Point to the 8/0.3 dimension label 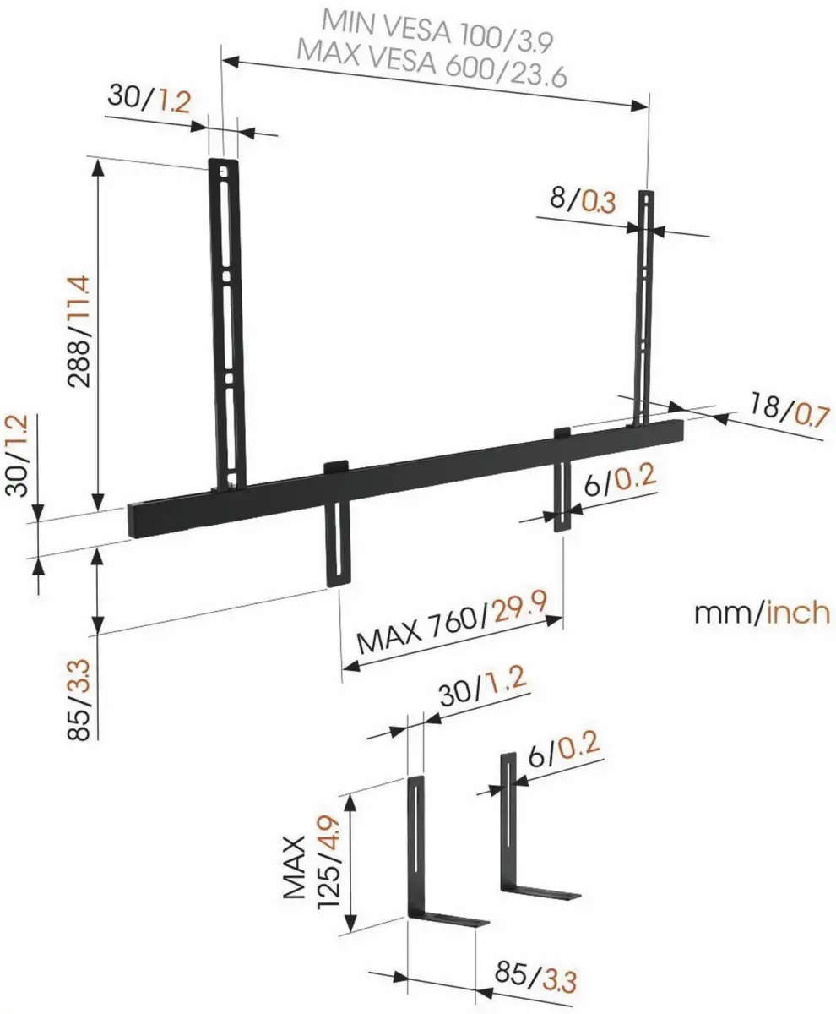tap(582, 200)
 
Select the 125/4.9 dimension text tap(329, 860)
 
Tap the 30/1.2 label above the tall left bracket tap(150, 100)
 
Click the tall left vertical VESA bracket tap(226, 321)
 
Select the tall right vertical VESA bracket tap(645, 304)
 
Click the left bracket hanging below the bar tap(337, 541)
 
